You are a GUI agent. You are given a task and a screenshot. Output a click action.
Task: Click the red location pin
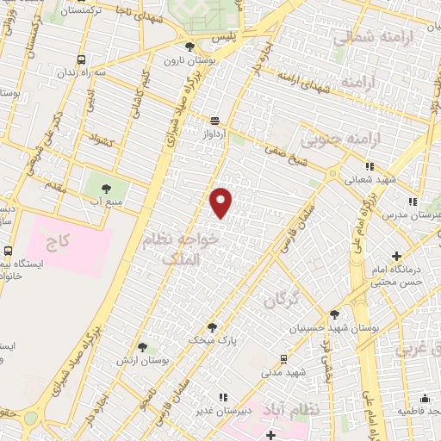pos(221,202)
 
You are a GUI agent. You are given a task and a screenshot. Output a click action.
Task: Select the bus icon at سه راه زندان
pos(82,60)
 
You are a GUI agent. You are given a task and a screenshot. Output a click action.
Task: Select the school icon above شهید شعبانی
pos(370,166)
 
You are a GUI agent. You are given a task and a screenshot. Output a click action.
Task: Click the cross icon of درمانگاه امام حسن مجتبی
pos(396,256)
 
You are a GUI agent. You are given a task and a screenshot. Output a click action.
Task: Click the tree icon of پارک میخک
pos(212,326)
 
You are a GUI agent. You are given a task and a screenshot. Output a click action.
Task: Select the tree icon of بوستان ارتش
pos(143,346)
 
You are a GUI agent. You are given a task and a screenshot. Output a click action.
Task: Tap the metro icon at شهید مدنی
pos(283,358)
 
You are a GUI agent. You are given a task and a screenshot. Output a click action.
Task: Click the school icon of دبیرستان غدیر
pos(223,396)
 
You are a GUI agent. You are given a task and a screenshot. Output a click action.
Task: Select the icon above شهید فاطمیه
pos(425,398)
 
